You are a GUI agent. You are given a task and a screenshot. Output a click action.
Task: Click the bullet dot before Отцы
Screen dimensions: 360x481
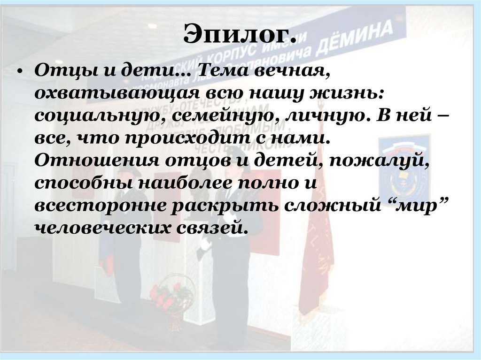[19, 74]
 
